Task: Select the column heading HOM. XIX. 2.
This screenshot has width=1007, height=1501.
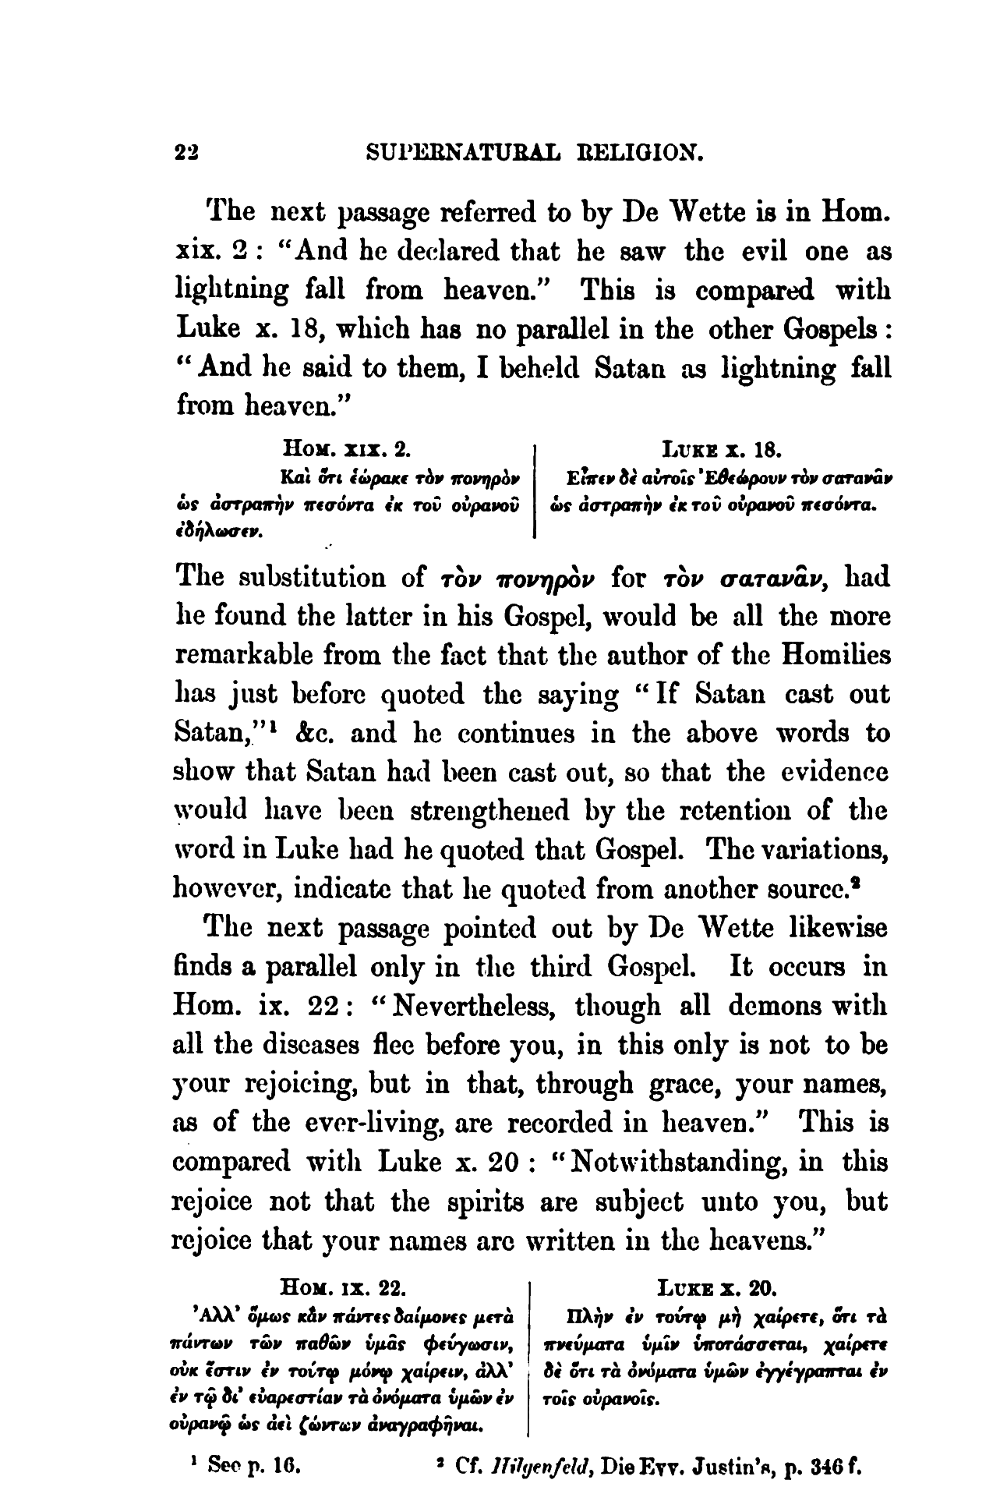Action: pos(347,450)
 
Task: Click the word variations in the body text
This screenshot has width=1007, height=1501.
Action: pos(814,851)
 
